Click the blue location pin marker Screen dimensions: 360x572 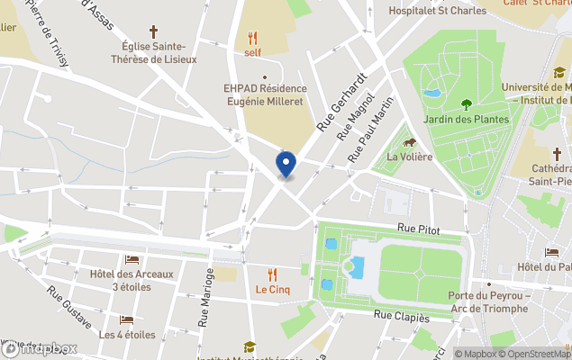click(x=286, y=165)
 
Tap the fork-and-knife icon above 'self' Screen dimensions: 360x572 click(x=253, y=39)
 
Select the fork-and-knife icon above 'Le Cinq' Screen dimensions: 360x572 click(x=272, y=274)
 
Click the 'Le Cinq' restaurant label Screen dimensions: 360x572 click(x=271, y=290)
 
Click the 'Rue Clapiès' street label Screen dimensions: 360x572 click(x=401, y=316)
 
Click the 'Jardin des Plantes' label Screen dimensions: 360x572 click(x=466, y=119)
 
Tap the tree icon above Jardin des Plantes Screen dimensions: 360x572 click(x=466, y=104)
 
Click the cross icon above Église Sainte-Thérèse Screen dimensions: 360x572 click(x=153, y=31)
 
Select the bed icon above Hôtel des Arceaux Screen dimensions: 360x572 click(x=132, y=259)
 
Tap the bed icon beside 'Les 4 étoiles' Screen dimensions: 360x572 click(x=127, y=320)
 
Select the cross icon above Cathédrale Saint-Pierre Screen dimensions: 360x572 click(x=558, y=153)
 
